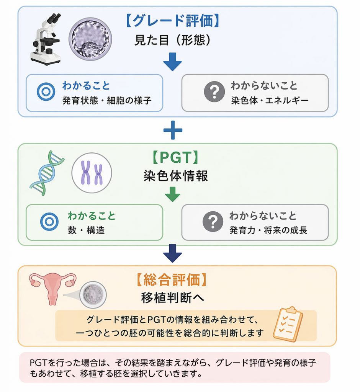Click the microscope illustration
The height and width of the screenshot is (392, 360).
click(x=46, y=39)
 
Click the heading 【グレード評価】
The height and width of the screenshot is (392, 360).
click(x=172, y=21)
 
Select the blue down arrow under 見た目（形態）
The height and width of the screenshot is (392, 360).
click(x=172, y=62)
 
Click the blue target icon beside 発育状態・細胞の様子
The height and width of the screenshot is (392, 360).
click(x=46, y=91)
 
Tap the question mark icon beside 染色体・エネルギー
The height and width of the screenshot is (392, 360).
click(x=214, y=91)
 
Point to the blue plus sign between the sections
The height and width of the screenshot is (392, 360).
click(x=173, y=130)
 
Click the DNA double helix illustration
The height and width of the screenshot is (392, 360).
click(x=47, y=173)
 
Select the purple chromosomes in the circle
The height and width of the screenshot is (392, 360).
click(x=92, y=173)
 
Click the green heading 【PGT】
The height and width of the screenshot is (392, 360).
click(x=175, y=157)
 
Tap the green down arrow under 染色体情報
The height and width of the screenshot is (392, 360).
click(x=173, y=194)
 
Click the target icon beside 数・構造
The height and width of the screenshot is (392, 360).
click(x=49, y=222)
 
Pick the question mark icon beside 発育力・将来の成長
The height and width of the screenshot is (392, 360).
click(x=213, y=222)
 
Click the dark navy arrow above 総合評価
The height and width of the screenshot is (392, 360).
click(x=172, y=253)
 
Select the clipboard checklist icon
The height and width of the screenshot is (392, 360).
click(x=288, y=324)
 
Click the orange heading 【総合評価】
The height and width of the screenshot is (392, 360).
click(x=172, y=280)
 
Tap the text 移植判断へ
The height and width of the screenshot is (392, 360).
click(x=173, y=297)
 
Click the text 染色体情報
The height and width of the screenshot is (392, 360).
click(x=176, y=176)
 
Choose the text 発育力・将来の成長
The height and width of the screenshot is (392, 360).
click(x=268, y=230)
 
